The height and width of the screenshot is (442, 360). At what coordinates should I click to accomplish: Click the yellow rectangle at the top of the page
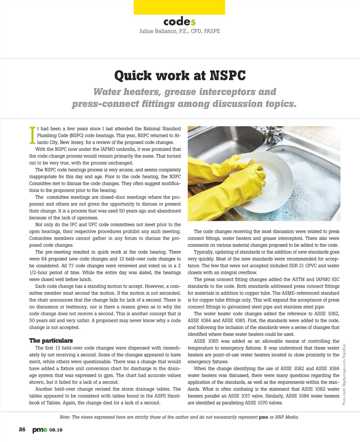[179, 7]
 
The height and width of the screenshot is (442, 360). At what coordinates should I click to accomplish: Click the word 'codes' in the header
[179, 22]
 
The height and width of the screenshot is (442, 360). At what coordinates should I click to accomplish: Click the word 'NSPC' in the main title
[228, 76]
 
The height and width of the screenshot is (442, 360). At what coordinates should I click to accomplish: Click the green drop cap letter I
[32, 135]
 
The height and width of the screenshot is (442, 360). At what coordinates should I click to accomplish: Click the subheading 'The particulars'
[51, 341]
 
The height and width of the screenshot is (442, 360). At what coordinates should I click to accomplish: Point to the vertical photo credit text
[344, 375]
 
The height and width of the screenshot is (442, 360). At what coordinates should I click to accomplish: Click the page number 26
[22, 430]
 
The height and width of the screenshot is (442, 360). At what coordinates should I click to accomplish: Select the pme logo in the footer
[40, 430]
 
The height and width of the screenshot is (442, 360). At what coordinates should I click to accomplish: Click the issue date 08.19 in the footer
[56, 430]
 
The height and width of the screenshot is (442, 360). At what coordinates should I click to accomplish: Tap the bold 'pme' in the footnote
[263, 417]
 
